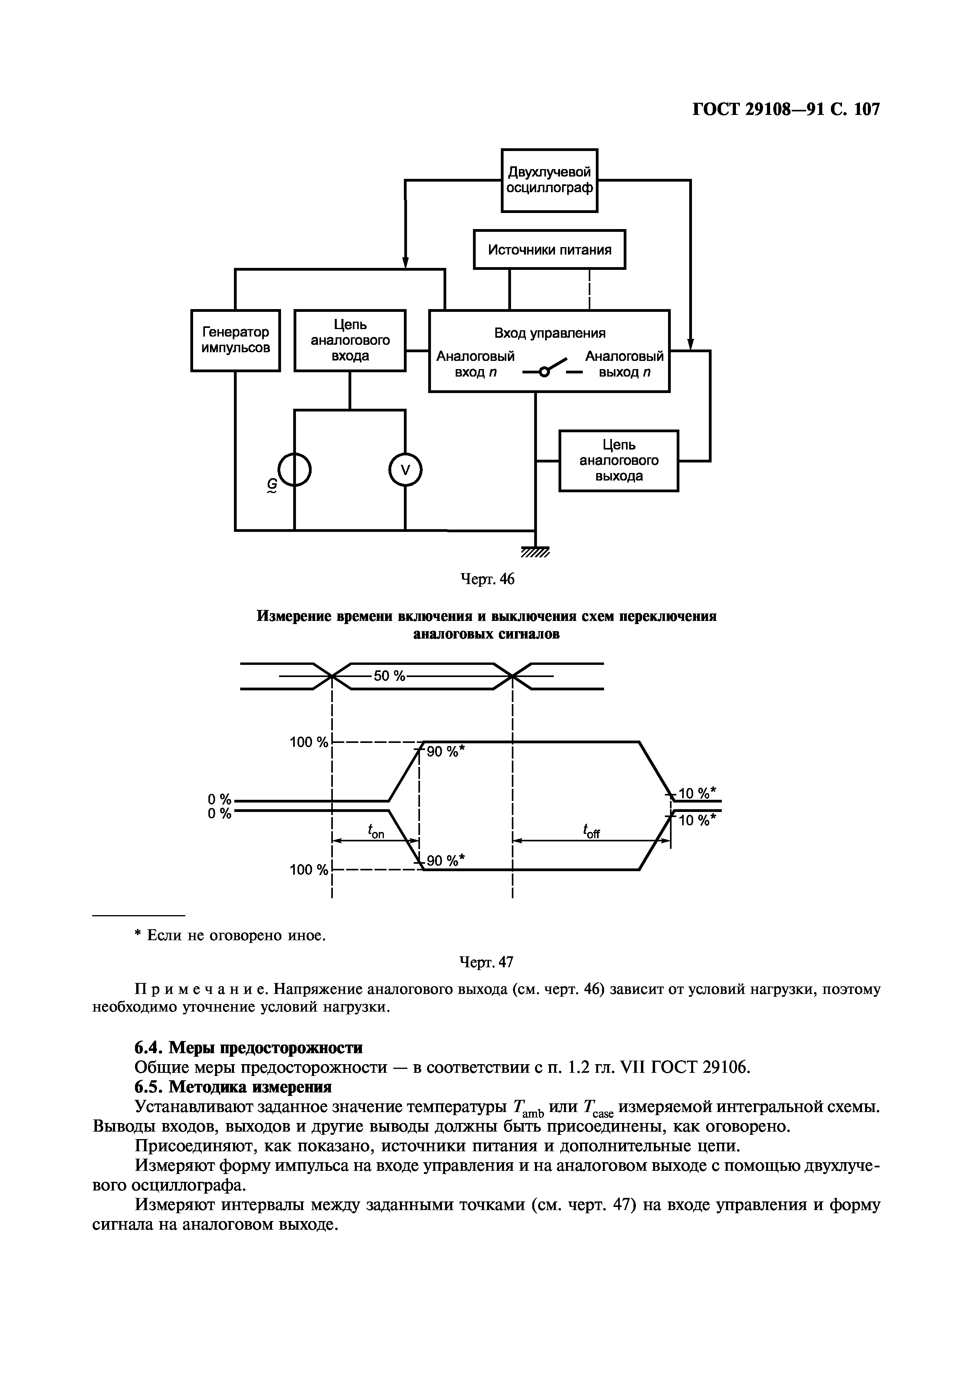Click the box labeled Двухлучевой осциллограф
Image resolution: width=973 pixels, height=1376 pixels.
click(549, 180)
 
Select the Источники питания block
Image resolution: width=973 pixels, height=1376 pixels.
click(549, 249)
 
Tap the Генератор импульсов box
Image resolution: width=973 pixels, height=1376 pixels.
click(235, 340)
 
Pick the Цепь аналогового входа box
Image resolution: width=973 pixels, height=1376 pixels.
click(350, 340)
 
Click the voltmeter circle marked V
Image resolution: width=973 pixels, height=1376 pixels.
click(405, 470)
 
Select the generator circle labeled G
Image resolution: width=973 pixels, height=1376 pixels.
click(295, 470)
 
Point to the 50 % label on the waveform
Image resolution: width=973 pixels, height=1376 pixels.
click(390, 676)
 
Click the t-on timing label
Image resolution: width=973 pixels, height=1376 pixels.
click(376, 831)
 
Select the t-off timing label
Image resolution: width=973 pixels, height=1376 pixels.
click(591, 831)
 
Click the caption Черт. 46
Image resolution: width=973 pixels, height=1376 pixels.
click(487, 579)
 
